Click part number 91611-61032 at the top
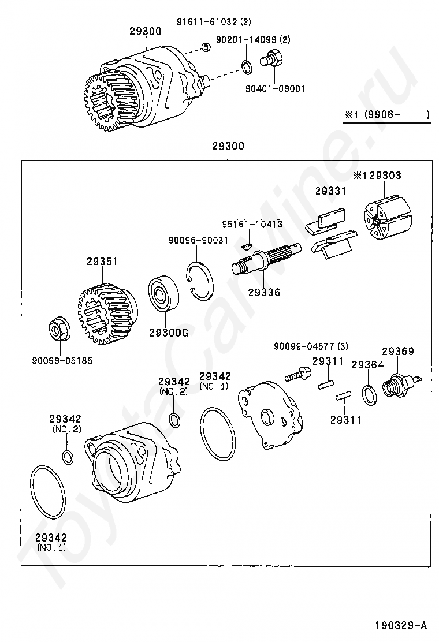tap(214, 23)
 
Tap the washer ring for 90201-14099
tap(245, 66)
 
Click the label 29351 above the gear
tap(102, 261)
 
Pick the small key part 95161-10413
tap(247, 245)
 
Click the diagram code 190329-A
tap(399, 625)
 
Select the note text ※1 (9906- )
tap(387, 115)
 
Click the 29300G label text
tap(169, 333)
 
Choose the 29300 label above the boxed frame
tap(228, 147)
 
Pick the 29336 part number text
tap(264, 293)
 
